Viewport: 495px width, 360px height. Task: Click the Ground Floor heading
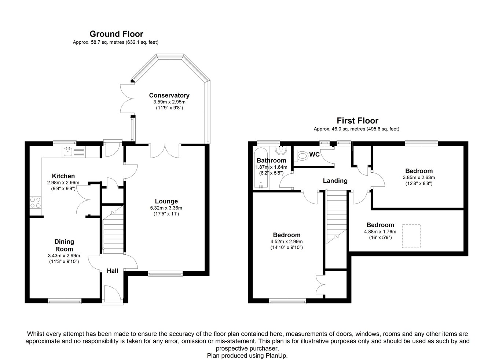pos(116,34)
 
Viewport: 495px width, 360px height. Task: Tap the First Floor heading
pos(357,121)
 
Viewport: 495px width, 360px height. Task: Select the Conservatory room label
pos(169,95)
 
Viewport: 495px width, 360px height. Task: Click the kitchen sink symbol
pos(74,152)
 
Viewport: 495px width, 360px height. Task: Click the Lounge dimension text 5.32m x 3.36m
pos(166,208)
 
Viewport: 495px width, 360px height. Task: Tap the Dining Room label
pos(64,245)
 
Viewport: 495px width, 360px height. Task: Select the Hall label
pos(113,271)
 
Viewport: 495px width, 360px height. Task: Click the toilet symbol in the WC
pos(301,155)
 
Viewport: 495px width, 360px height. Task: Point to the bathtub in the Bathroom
pos(261,168)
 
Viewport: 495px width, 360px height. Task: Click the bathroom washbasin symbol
pos(281,151)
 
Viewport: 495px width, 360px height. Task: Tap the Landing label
pos(335,181)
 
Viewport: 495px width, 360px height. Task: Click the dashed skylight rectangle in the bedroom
pos(411,236)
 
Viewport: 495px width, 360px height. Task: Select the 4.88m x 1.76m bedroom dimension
pos(380,232)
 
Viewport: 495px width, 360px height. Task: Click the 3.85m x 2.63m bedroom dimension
pos(419,177)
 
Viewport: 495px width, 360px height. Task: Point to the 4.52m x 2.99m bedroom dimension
pos(286,242)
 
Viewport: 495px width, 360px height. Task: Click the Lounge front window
pos(165,274)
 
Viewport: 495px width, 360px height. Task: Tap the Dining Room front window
pos(65,301)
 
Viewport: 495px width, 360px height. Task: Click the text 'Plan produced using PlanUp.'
pos(247,356)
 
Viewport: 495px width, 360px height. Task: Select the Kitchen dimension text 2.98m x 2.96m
pos(63,183)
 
